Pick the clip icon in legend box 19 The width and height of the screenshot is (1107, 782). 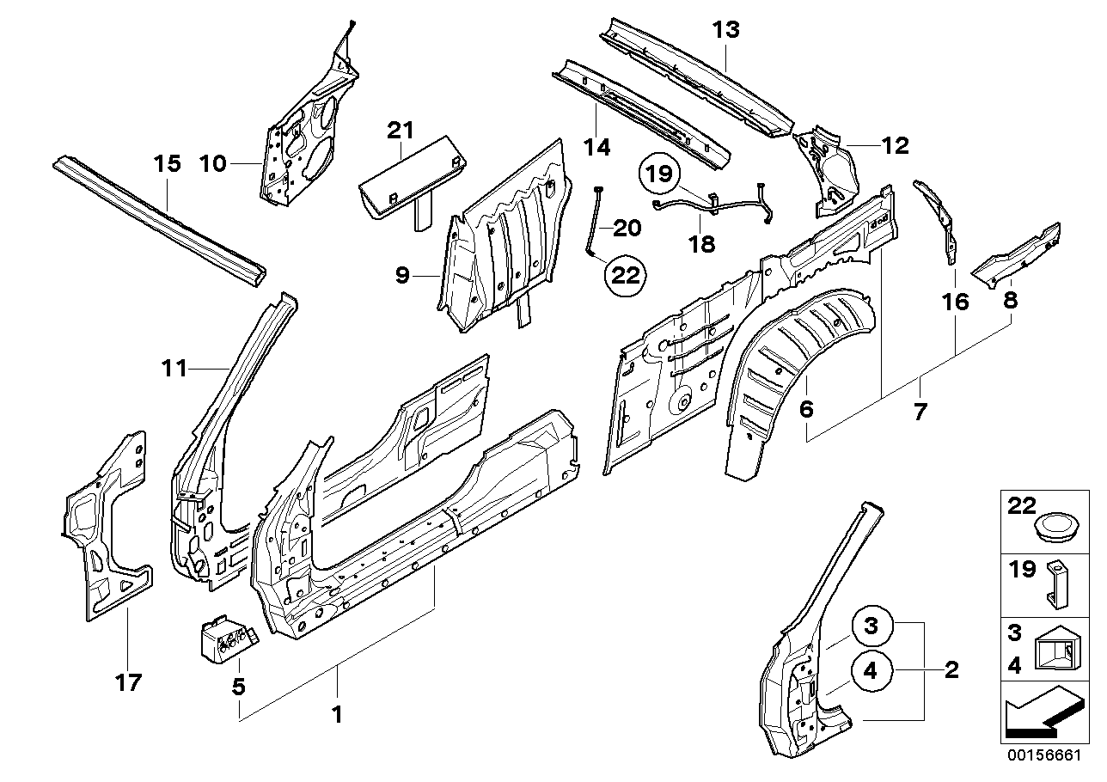[1057, 583]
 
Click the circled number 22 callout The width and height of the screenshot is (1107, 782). [627, 275]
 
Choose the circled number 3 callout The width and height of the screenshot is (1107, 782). [872, 626]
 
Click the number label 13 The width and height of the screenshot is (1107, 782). [725, 31]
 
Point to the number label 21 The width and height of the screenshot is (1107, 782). [400, 131]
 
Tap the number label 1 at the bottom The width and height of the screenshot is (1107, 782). [337, 714]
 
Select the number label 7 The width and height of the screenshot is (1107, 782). [920, 412]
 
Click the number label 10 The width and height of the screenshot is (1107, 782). [213, 162]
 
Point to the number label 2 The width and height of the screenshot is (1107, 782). [951, 669]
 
